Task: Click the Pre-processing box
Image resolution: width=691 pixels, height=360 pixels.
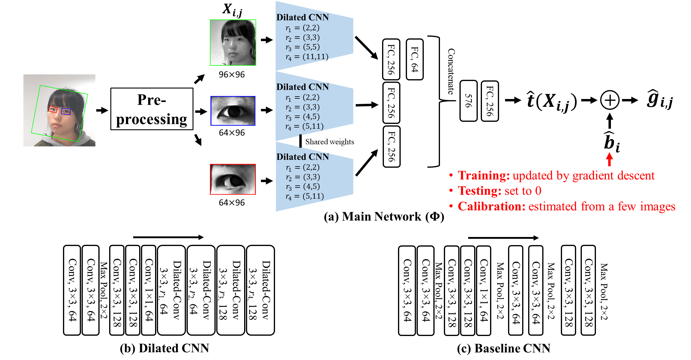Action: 152,109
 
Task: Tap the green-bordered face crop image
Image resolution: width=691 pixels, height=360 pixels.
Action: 233,43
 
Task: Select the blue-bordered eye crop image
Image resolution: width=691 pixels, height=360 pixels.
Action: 233,111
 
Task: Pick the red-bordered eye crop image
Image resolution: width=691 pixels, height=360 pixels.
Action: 233,179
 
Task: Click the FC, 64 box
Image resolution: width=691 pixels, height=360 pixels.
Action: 415,59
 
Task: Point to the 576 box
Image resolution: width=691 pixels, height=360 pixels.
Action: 468,101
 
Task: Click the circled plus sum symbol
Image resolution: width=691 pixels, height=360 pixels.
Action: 610,100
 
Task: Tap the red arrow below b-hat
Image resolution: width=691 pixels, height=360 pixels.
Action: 609,159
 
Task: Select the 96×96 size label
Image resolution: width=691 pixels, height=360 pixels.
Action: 232,74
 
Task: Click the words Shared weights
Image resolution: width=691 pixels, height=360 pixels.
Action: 330,142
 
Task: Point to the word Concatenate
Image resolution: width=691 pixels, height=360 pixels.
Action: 451,71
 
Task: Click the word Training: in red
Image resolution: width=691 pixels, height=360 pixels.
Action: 484,175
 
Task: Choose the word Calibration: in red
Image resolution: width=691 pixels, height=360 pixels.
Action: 492,206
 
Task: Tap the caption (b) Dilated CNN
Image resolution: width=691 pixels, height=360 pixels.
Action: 164,348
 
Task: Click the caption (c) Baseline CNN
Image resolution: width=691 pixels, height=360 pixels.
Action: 504,348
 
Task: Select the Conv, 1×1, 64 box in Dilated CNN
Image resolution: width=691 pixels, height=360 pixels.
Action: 148,290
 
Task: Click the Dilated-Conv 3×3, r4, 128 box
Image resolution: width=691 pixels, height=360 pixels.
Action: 260,290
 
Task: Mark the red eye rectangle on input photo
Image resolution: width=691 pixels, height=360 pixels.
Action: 53,109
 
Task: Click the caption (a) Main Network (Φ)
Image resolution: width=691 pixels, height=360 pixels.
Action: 384,217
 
